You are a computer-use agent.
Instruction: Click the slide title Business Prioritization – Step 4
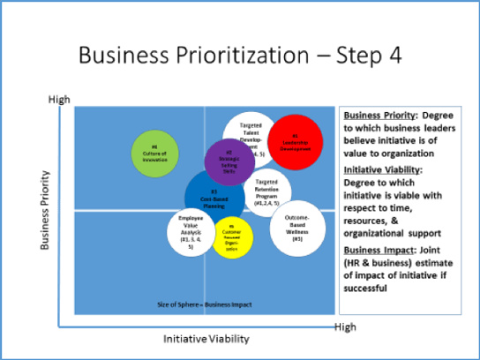(240, 55)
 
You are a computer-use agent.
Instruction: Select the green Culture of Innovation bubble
(154, 152)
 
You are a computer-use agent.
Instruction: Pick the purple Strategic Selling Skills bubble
(229, 163)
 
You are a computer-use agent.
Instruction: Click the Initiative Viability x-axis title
(206, 339)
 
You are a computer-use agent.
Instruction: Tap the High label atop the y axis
(57, 101)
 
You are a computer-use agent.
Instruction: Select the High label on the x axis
(345, 327)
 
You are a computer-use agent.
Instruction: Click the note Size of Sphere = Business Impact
(205, 304)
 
